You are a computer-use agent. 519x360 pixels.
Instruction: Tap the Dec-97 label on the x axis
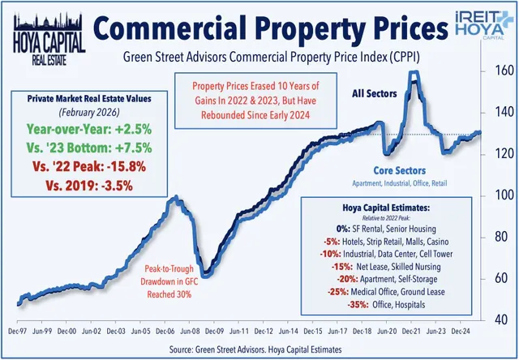tap(17, 332)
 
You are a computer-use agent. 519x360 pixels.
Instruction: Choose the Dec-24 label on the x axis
tap(463, 332)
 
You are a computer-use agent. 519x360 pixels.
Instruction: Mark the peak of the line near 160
tap(414, 74)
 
